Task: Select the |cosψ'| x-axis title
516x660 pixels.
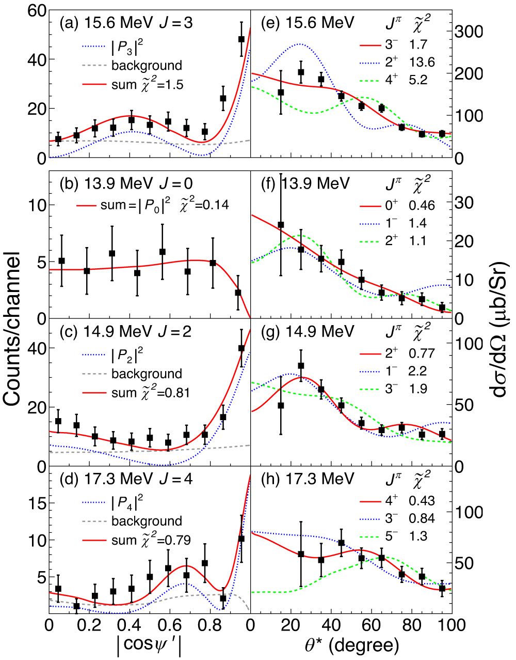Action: (x=149, y=645)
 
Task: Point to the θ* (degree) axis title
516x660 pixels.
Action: (x=351, y=645)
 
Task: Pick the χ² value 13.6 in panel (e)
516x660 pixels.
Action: (x=422, y=62)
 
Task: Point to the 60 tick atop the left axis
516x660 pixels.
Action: (x=35, y=11)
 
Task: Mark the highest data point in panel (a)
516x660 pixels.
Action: (x=241, y=39)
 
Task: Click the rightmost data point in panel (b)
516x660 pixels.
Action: (x=238, y=293)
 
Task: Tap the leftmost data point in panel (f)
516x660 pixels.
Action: (x=281, y=225)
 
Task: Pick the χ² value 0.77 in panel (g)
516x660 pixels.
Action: (x=422, y=354)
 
